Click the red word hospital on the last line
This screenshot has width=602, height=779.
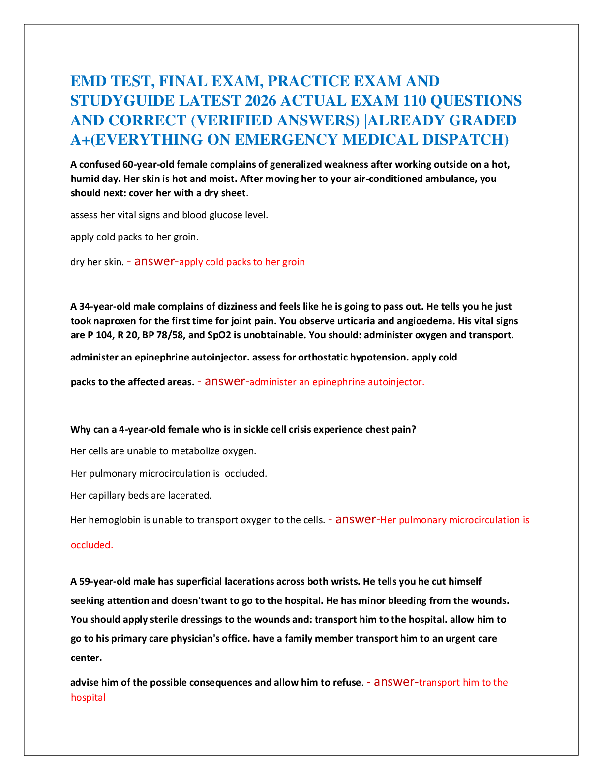pyautogui.click(x=88, y=697)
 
